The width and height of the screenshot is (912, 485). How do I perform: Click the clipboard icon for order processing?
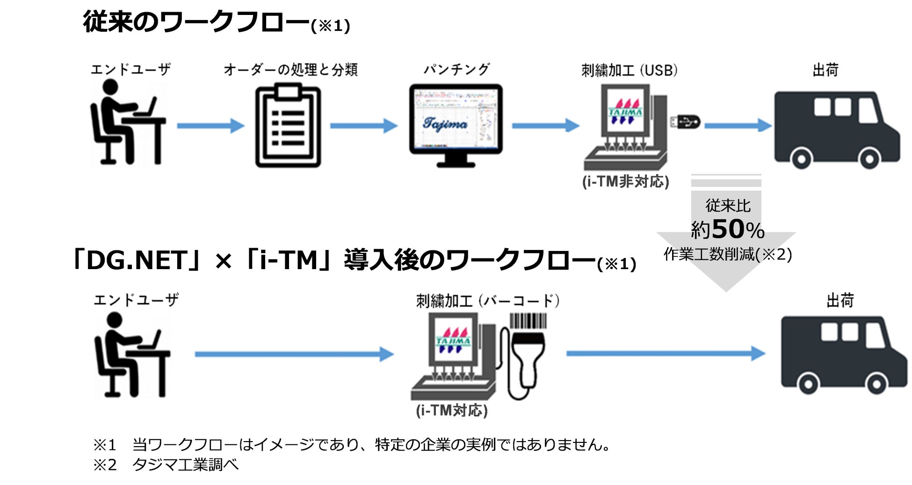coord(288,125)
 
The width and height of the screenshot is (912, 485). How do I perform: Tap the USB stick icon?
coord(685,122)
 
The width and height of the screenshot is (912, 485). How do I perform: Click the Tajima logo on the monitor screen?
coord(445,123)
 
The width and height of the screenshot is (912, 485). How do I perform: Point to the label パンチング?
coord(456,70)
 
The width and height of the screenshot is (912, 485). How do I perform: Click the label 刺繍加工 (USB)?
coord(630,71)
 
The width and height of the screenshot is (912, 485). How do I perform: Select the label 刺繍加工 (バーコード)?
coord(488,300)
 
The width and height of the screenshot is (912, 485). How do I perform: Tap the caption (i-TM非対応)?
coord(625,181)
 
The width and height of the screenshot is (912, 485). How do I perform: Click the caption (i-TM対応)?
coord(452,410)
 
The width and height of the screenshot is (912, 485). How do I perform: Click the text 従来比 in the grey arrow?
coord(728,205)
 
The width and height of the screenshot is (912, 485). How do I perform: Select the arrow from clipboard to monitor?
coord(363,126)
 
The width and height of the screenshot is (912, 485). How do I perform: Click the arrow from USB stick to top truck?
coord(738,125)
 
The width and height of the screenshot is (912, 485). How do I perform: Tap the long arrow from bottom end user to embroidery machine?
coord(294,354)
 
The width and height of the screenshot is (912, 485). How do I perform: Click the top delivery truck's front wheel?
coord(869,159)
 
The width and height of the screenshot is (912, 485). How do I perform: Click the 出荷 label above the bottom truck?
coord(840,300)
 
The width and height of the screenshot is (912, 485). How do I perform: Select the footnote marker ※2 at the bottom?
coord(105,465)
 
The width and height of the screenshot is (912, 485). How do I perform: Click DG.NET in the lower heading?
coord(137,260)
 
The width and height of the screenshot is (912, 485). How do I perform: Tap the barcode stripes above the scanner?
coord(528,321)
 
